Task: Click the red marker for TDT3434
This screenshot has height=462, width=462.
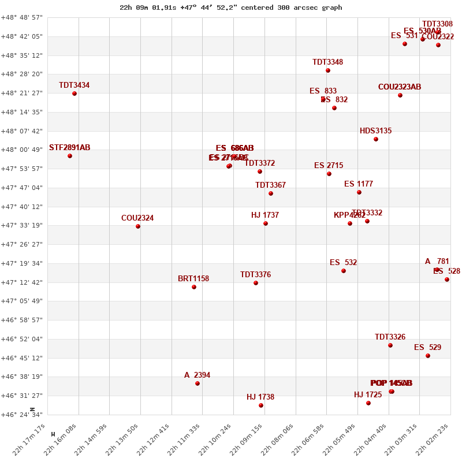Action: coord(74,94)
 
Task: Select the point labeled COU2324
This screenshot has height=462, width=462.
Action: coord(138,226)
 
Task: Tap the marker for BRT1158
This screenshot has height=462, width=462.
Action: coord(194,287)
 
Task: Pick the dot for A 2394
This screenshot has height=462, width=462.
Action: coord(198,383)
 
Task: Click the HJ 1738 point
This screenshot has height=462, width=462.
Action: coord(261,405)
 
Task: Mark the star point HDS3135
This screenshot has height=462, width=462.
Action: coord(376,139)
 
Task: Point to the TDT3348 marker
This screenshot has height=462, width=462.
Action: coord(328,70)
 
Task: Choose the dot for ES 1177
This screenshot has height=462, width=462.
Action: coord(359,192)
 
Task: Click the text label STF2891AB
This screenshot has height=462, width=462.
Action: coord(70,148)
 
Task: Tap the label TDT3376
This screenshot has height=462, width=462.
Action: coord(256,275)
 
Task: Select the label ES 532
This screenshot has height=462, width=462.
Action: coord(344,263)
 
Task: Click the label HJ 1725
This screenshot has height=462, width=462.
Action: coord(368,395)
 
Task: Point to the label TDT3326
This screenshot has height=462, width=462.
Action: coord(390,337)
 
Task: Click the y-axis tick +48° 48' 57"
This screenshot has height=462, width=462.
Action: coord(22,18)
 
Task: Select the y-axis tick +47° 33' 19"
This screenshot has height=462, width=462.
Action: coord(22,226)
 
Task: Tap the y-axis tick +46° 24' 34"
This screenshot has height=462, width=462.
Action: coord(22,415)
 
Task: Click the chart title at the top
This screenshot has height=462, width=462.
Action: coord(231,8)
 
